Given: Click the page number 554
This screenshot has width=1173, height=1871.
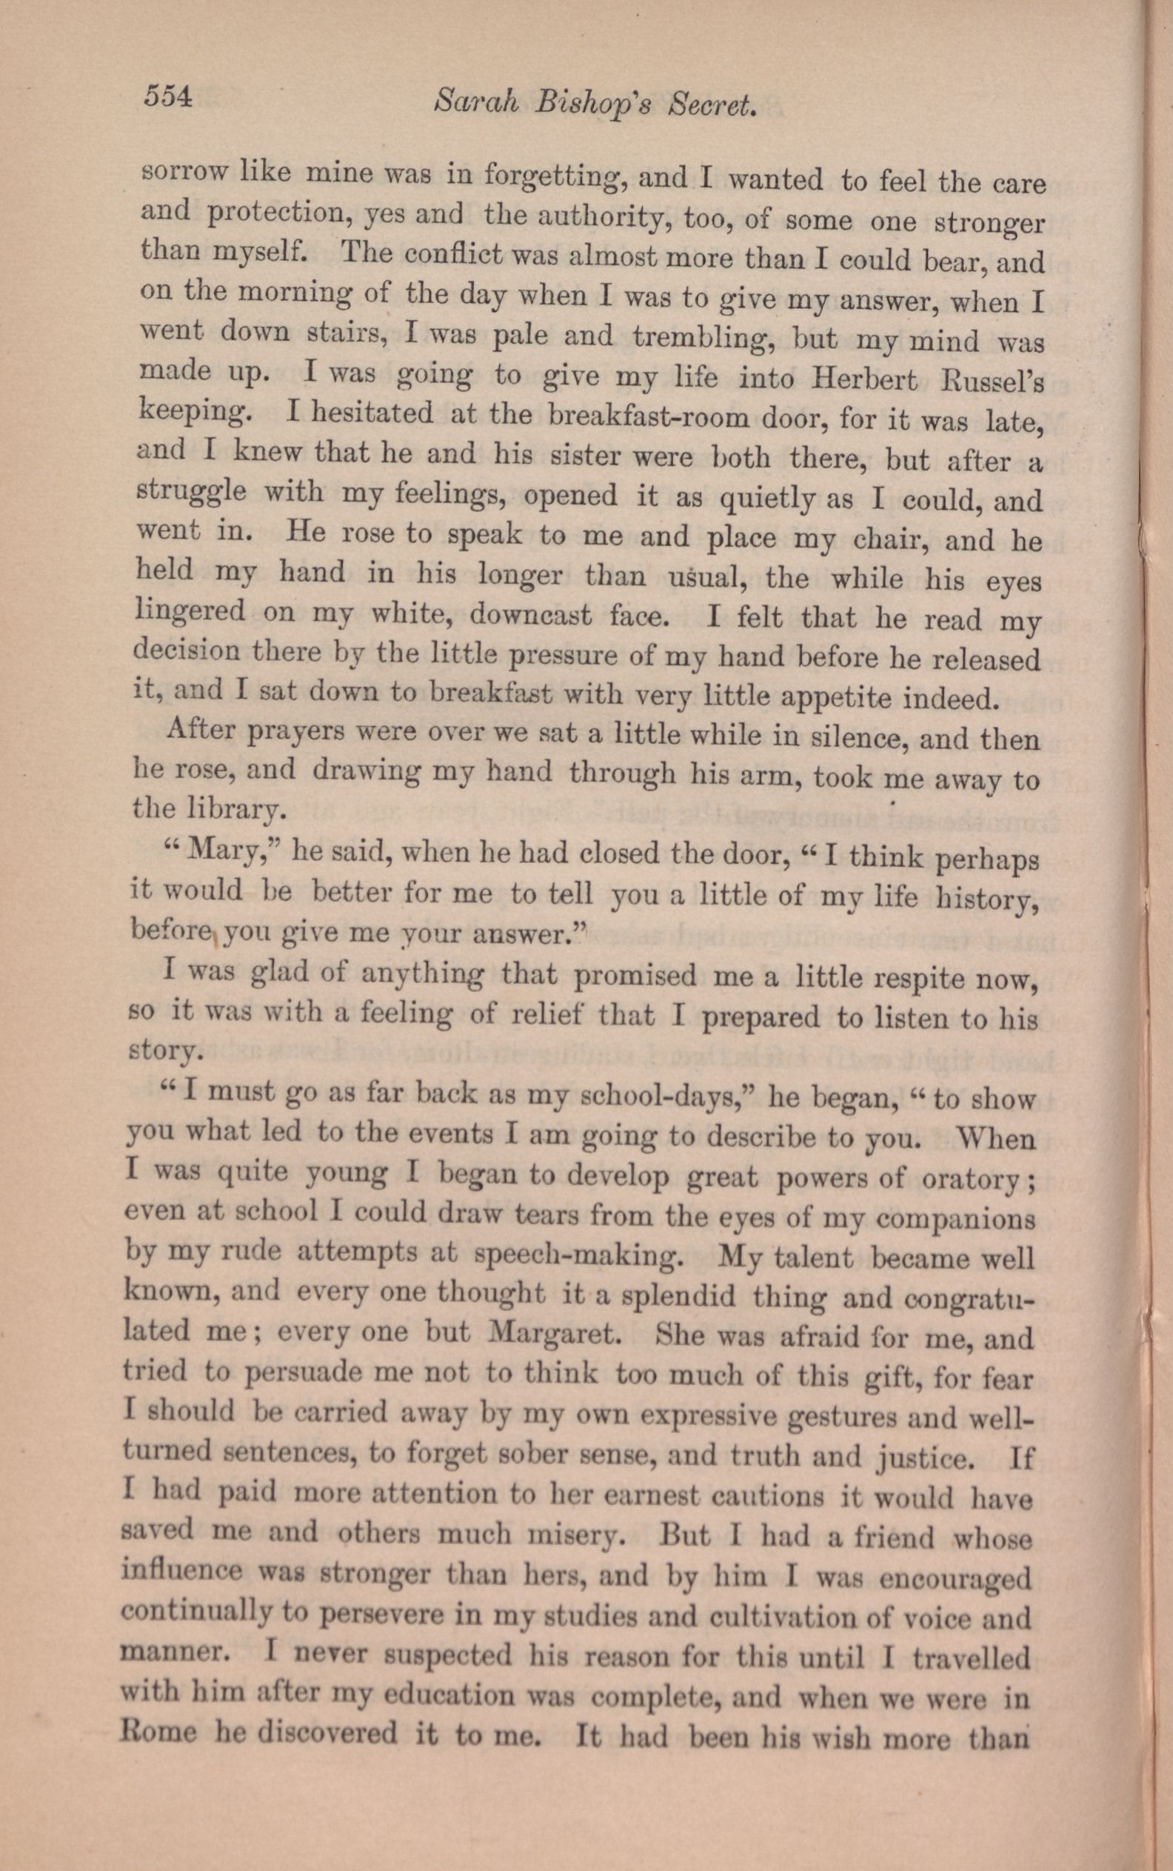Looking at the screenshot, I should pos(167,96).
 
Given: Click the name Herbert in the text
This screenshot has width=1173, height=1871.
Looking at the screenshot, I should pos(863,380).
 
